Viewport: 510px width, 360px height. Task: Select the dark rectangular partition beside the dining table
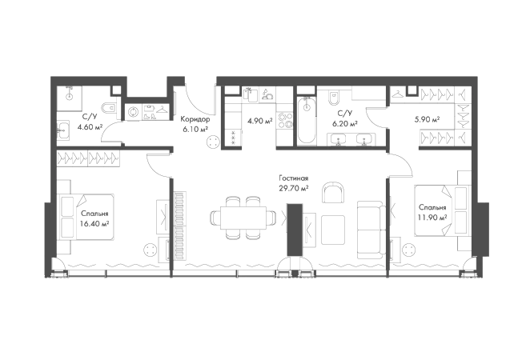click(295, 228)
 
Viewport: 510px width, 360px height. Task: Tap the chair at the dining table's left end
click(209, 217)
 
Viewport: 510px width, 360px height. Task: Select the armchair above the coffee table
click(332, 190)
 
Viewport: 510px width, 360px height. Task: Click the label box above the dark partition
click(293, 182)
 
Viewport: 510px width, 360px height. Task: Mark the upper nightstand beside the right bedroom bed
click(462, 174)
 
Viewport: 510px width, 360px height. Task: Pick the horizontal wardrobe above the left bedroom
click(88, 158)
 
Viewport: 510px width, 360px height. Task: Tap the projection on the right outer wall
click(483, 230)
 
